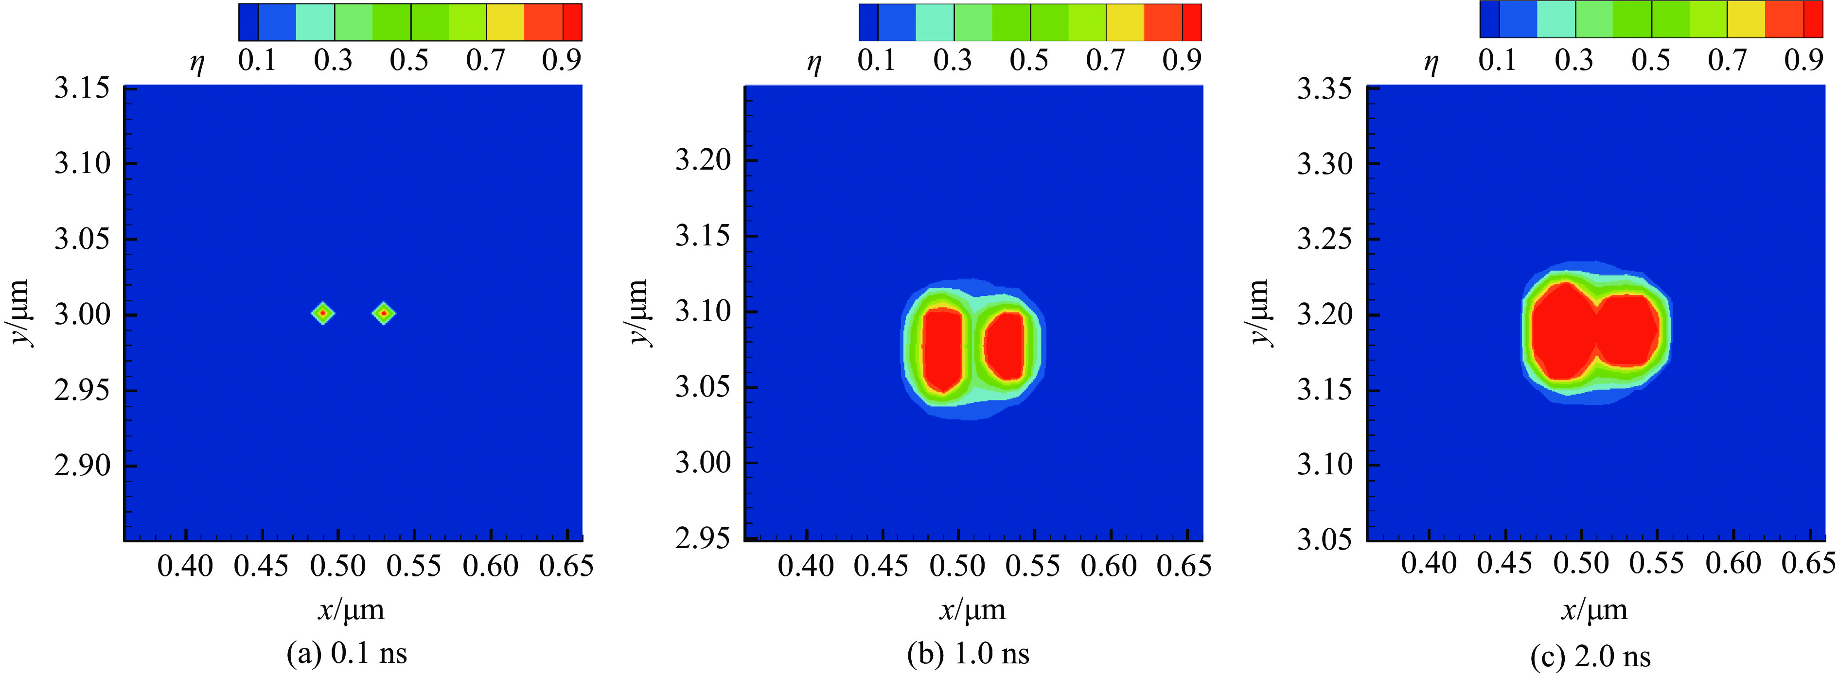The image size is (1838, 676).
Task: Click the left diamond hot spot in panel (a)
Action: (323, 313)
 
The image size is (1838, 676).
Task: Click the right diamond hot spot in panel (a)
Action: (384, 313)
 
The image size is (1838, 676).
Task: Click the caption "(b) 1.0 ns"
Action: (968, 653)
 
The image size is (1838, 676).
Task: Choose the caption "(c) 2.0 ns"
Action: (1591, 655)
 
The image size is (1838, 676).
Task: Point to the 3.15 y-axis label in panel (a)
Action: (82, 88)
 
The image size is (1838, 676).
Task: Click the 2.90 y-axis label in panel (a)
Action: (82, 465)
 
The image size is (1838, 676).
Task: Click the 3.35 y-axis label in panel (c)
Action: (1324, 89)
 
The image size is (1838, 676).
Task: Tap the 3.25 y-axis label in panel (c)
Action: (1324, 239)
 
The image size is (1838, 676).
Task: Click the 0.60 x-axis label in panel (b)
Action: (1108, 566)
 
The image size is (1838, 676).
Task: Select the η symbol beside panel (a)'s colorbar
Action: (197, 63)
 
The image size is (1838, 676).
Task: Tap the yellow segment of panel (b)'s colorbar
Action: (1125, 22)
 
